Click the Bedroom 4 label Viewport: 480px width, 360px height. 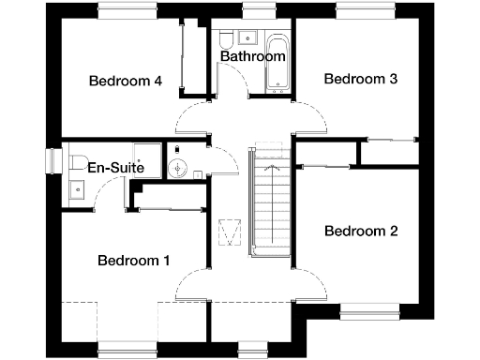tap(126, 81)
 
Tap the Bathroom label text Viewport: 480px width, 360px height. tap(252, 56)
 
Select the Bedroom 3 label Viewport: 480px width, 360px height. tap(361, 79)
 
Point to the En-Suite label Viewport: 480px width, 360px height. tap(115, 167)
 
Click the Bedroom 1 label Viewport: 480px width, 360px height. tap(134, 260)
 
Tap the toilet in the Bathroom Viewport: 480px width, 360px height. tap(226, 39)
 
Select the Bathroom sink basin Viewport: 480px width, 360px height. tap(249, 37)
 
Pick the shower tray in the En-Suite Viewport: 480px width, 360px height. tap(145, 158)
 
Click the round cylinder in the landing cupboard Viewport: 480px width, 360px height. tap(180, 169)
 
